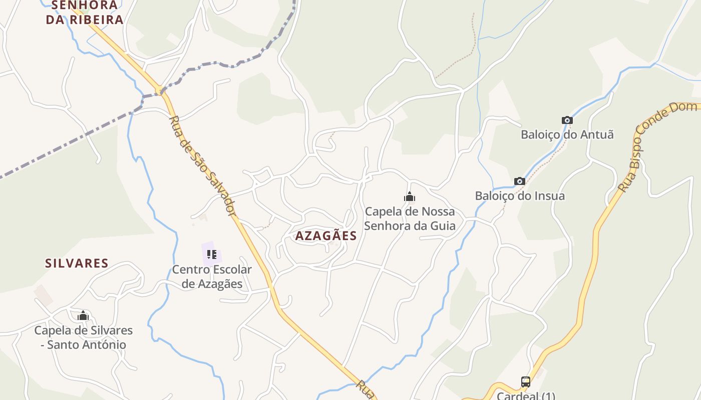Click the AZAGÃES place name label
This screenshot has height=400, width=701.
[325, 236]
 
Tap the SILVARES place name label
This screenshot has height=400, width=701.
[77, 263]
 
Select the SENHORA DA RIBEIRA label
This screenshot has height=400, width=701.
[84, 13]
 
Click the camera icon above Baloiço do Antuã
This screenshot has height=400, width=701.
[567, 120]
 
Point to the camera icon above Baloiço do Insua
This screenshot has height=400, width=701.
[520, 181]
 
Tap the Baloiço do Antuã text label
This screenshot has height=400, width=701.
[567, 134]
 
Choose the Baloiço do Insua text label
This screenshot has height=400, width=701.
[520, 196]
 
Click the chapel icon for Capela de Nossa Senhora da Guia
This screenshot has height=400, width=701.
[410, 197]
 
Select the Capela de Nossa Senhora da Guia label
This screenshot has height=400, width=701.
[410, 218]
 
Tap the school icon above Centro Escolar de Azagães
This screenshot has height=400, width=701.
[212, 254]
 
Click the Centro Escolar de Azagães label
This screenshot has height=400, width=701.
[212, 276]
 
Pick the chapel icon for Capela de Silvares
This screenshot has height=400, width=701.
[83, 315]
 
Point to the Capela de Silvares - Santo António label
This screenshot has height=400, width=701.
[83, 337]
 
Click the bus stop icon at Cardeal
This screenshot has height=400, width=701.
[525, 382]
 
